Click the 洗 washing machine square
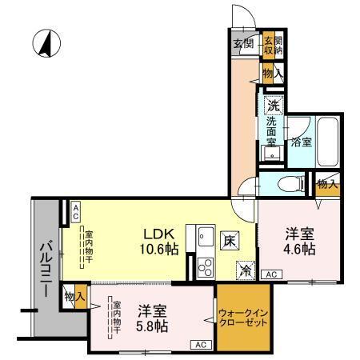coord(274,103)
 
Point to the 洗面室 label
coord(272,130)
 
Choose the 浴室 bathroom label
coord(301,142)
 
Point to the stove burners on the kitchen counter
coord(205,266)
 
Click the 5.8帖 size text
coord(150,326)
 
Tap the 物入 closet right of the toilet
coord(326,184)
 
